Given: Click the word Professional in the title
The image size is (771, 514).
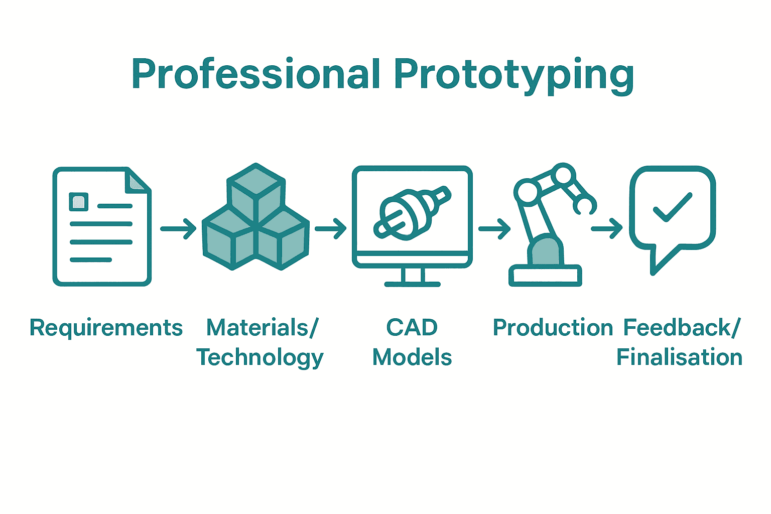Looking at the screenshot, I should [x=255, y=74].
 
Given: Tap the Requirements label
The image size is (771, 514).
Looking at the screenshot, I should [x=106, y=328].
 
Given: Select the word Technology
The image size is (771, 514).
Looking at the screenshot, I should [x=260, y=358].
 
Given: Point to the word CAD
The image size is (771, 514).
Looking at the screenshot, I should [x=412, y=328].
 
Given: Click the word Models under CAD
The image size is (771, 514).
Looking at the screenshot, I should [x=412, y=357].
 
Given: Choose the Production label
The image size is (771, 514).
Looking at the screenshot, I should [x=553, y=328].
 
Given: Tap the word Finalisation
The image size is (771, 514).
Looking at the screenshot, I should [x=679, y=357].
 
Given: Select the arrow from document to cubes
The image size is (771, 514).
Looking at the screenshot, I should [x=178, y=229].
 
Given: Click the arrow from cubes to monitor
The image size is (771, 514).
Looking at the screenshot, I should [x=331, y=229].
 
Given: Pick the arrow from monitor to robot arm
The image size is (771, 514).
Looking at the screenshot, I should [x=494, y=229].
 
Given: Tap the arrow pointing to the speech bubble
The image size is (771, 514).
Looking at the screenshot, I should [x=607, y=229].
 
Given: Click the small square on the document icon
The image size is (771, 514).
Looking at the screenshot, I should [x=79, y=202].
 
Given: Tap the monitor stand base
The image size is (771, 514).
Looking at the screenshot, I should [x=412, y=284].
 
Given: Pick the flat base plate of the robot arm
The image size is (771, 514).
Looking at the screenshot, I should [x=545, y=276].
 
